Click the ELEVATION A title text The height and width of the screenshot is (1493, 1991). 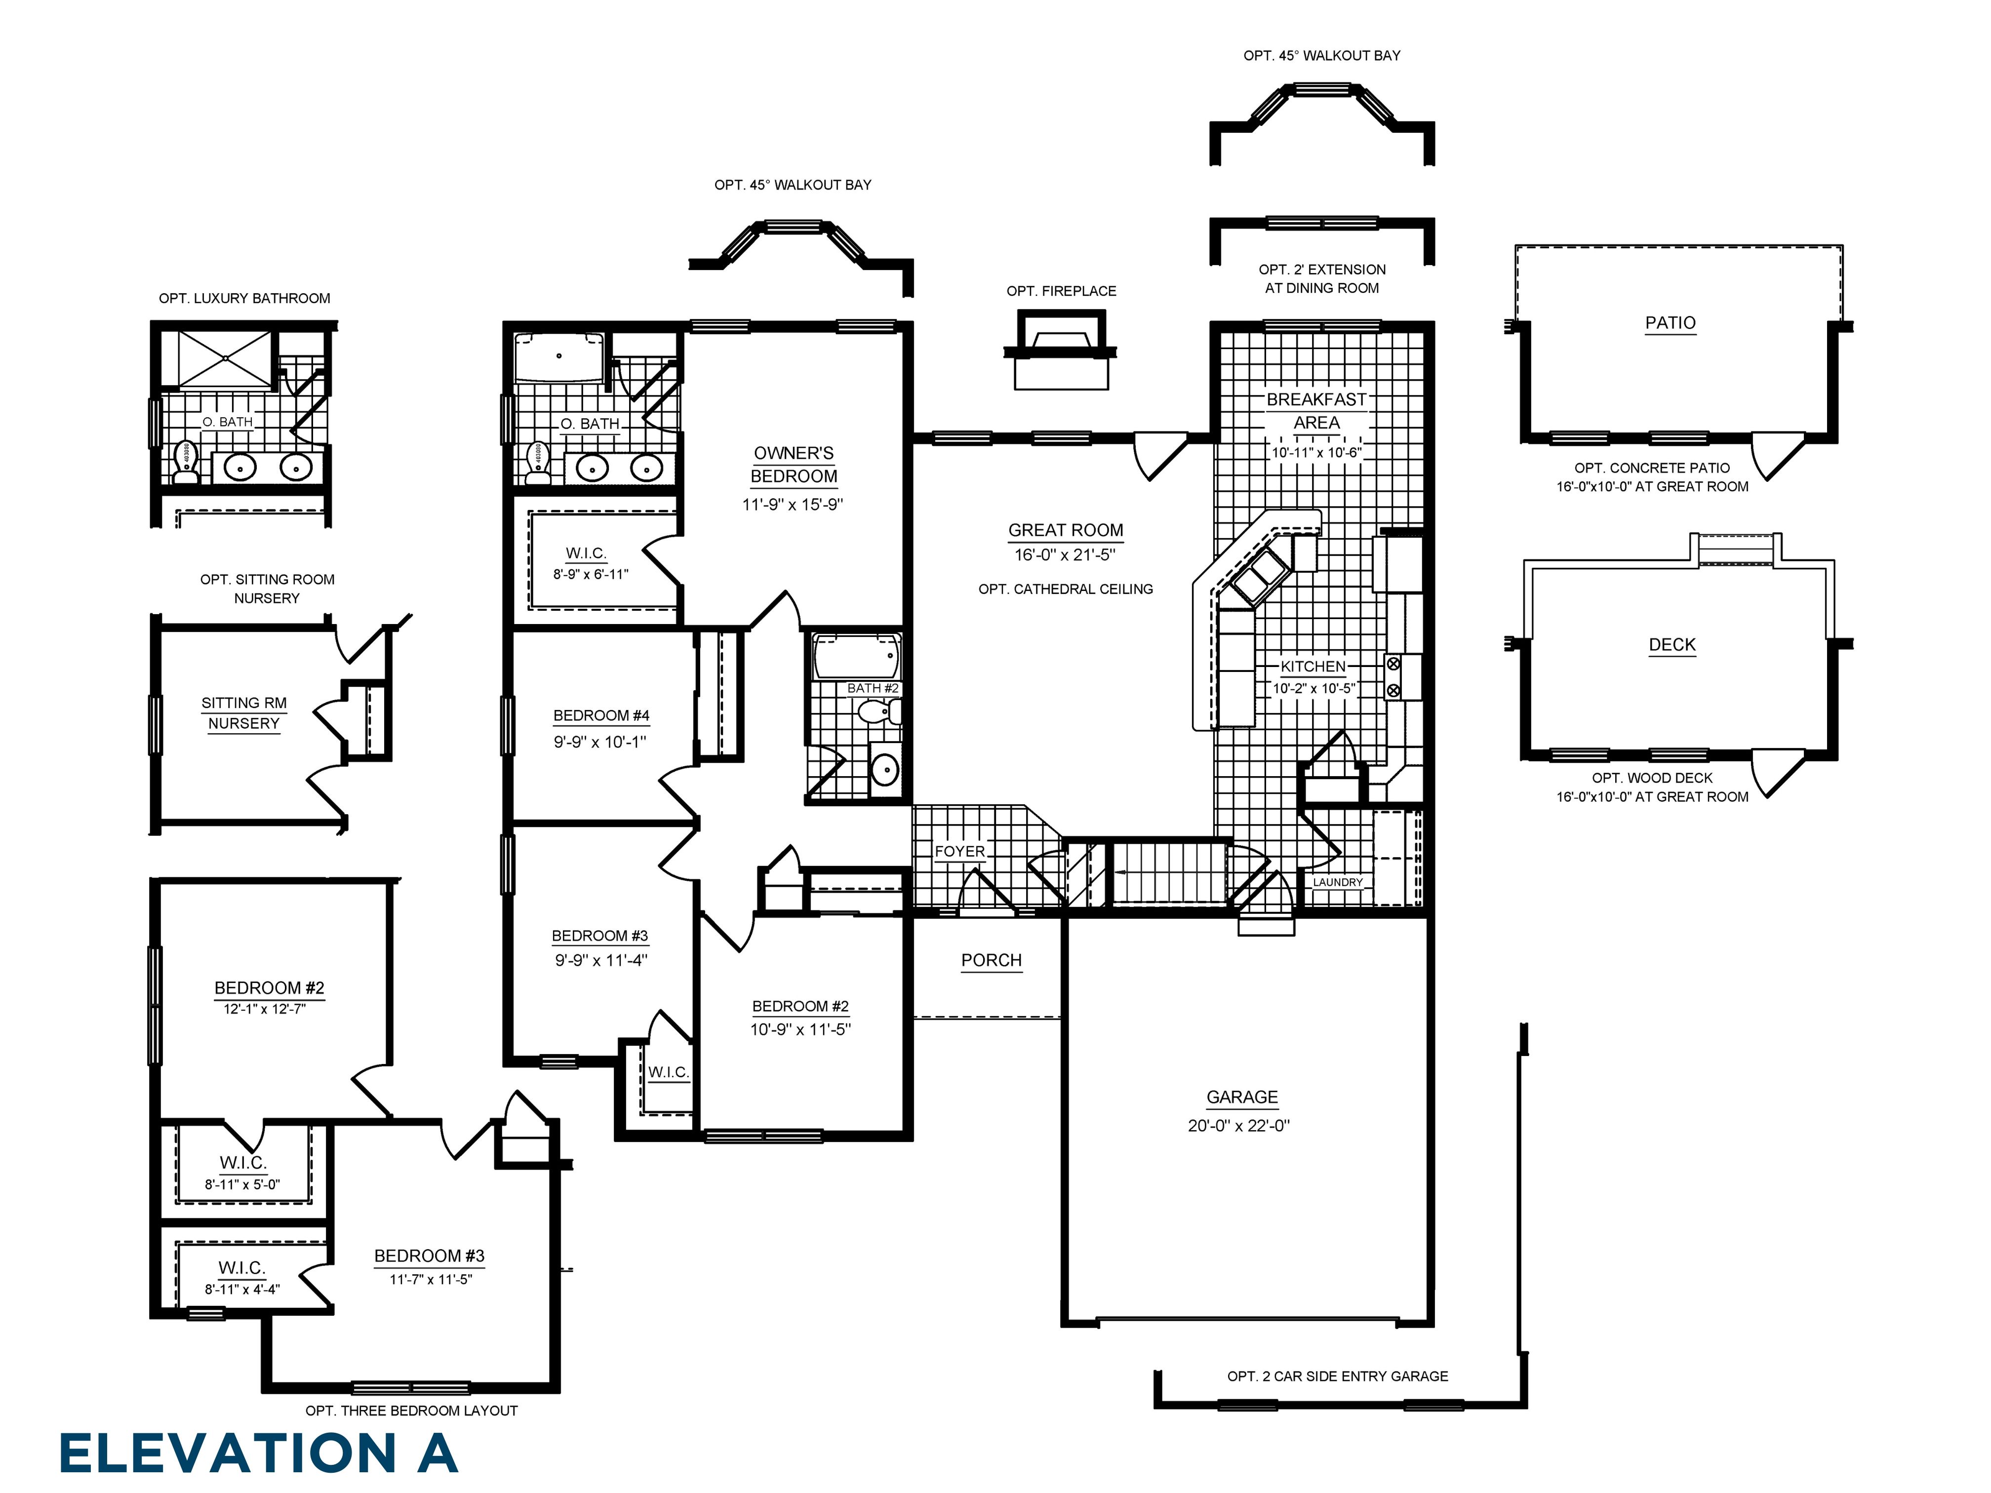click(258, 1454)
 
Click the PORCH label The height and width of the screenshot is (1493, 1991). click(991, 960)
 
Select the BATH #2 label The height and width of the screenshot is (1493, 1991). click(871, 688)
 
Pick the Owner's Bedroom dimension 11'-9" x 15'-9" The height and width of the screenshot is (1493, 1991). click(792, 505)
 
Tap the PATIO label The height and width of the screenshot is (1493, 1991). click(1670, 323)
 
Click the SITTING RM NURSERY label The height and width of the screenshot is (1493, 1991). click(244, 713)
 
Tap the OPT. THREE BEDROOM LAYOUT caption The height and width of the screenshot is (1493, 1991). click(411, 1410)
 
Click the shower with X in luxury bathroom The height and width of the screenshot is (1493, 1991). click(224, 359)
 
